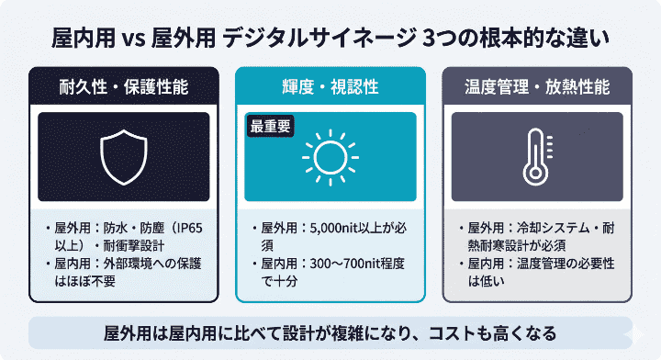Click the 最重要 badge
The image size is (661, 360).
[x=269, y=128]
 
